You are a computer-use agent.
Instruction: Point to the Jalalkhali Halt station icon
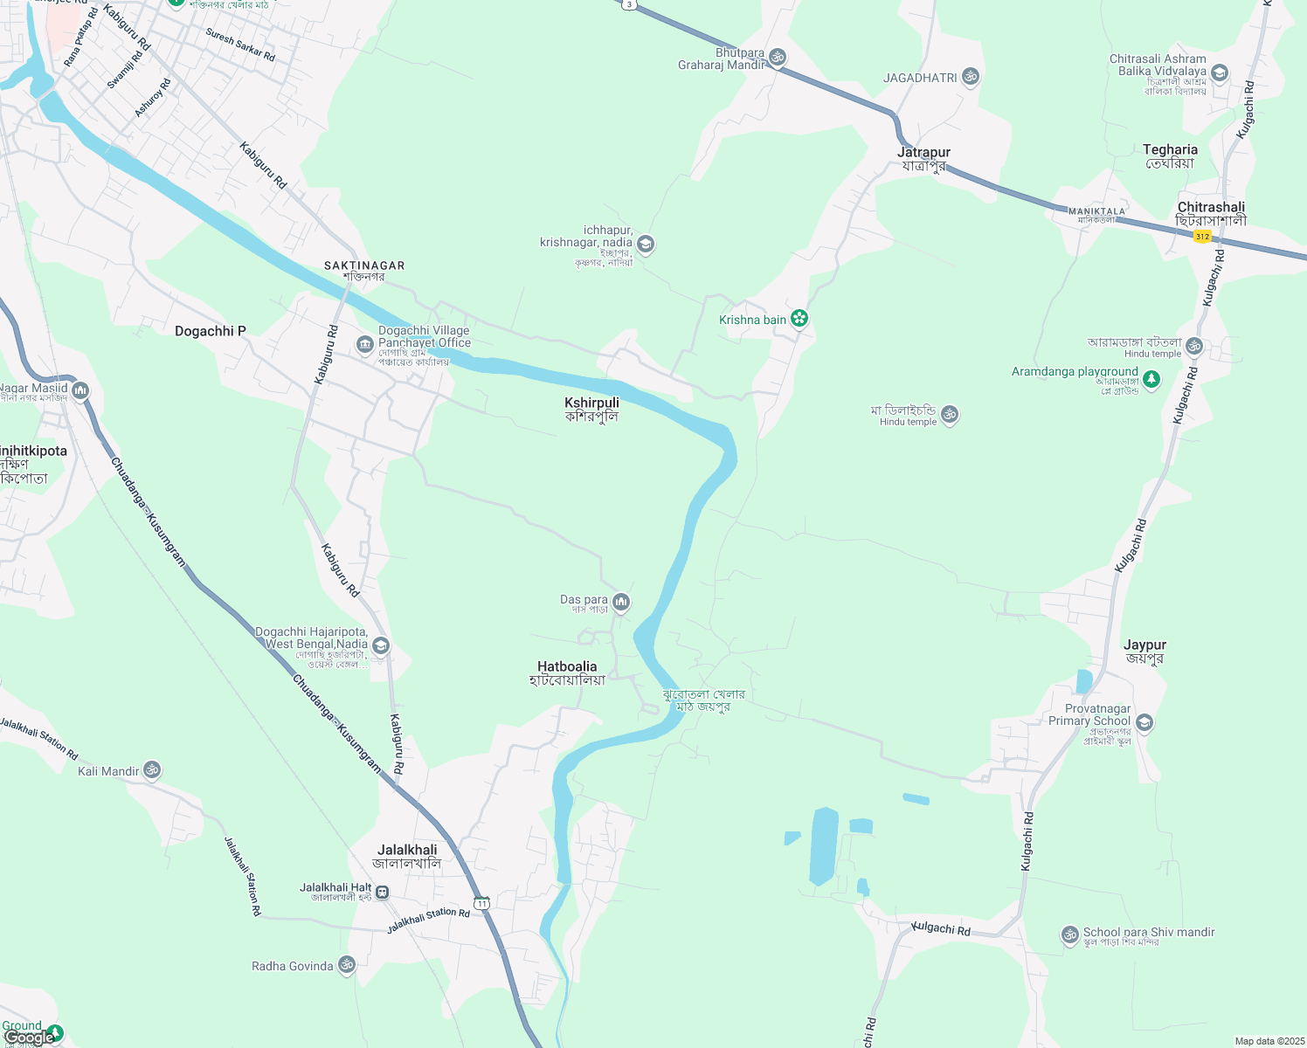[383, 893]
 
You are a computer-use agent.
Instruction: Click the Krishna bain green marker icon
[799, 319]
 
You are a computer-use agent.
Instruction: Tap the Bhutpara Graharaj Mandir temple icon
[777, 58]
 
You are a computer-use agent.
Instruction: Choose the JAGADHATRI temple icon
[970, 77]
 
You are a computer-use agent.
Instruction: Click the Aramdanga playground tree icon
[1151, 379]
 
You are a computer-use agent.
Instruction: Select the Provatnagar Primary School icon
[1144, 722]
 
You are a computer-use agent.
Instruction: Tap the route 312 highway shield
[1203, 237]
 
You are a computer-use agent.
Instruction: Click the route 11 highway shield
[481, 902]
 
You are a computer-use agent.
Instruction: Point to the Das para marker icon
[621, 601]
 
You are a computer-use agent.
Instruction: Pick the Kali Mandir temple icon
[152, 770]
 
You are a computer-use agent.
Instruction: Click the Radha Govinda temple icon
[347, 965]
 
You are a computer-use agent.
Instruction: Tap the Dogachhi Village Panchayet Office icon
[365, 345]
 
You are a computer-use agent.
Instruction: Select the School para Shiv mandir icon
[1070, 934]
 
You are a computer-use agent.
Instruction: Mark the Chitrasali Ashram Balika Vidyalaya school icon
[1220, 72]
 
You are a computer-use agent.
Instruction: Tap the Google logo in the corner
[29, 1038]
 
